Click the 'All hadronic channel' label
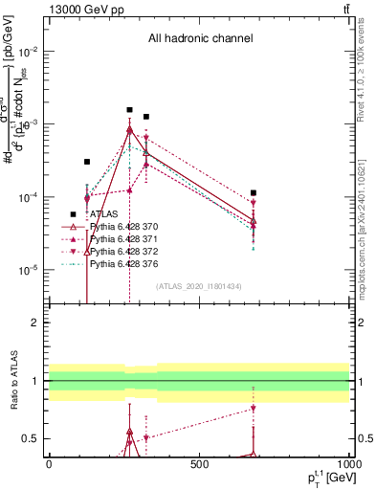pos(200,38)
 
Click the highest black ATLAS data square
pos(129,110)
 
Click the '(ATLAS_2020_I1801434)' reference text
pos(198,286)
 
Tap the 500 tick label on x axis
pos(199,464)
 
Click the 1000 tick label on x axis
pos(347,464)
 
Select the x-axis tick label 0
pos(49,464)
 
